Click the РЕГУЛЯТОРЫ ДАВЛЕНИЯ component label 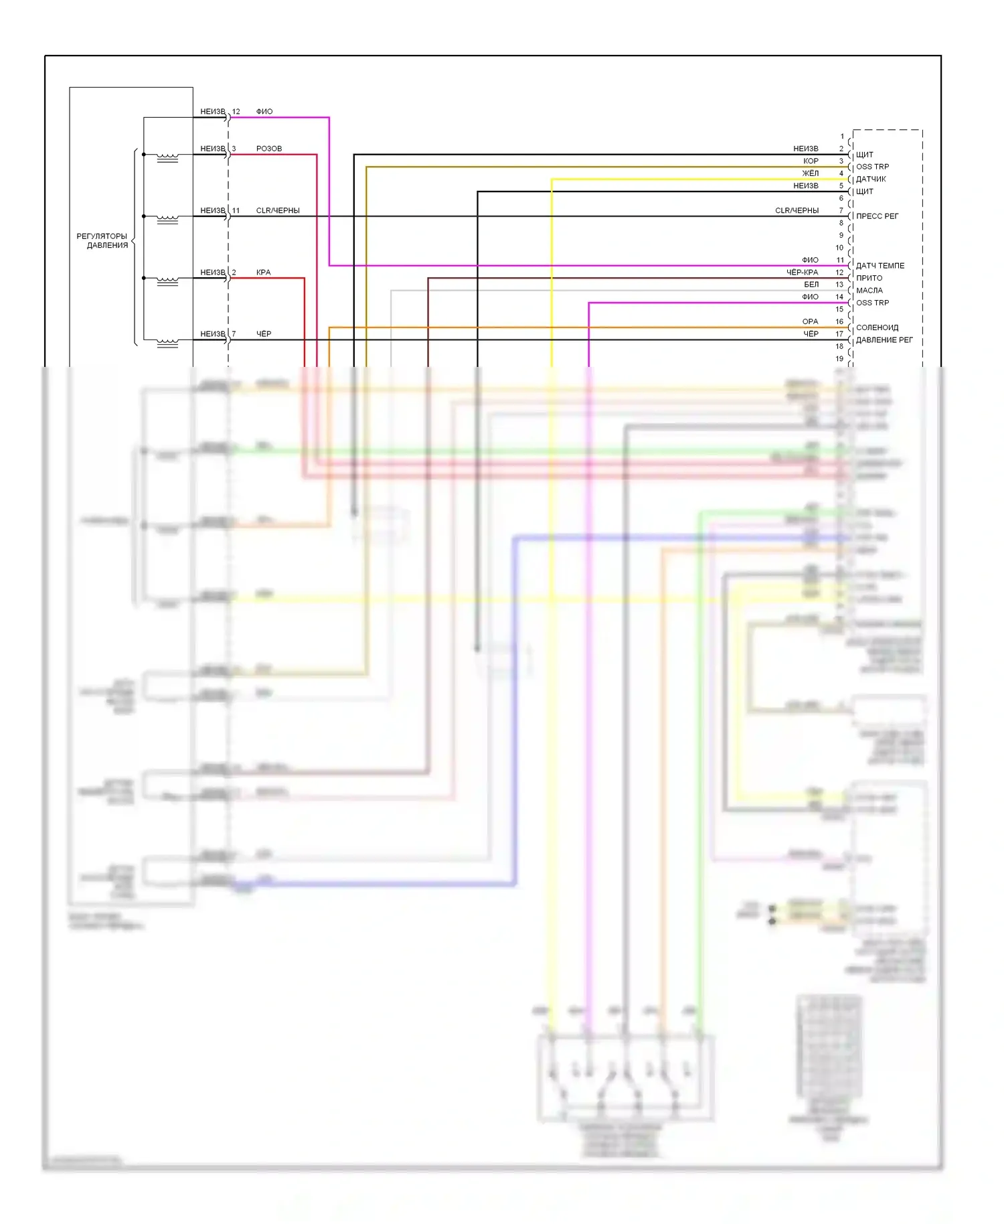tap(102, 240)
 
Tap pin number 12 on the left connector tap(236, 112)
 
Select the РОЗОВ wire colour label tap(269, 149)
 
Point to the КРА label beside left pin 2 tap(263, 273)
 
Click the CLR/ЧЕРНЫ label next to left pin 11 tap(278, 210)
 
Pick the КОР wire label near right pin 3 tap(811, 161)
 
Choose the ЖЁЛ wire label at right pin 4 tap(810, 173)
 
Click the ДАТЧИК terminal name tap(871, 179)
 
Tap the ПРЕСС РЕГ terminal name tap(877, 216)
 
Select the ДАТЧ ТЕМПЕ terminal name tap(880, 266)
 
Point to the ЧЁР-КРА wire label tap(802, 273)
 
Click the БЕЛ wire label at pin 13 tap(811, 285)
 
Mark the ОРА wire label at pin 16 tap(810, 321)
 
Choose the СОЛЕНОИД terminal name tap(877, 327)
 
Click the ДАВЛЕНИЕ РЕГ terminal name tap(884, 340)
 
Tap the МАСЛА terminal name tap(869, 291)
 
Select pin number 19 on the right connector tap(839, 359)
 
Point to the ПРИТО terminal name tap(869, 278)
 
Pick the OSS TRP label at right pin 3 tap(872, 167)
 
